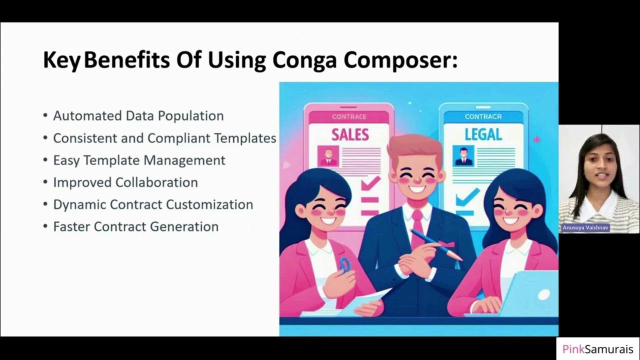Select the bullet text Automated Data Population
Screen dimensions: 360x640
click(x=138, y=116)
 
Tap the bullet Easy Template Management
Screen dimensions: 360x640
click(x=139, y=160)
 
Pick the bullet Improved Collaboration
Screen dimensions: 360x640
click(x=125, y=182)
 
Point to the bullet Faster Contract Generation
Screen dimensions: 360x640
click(x=135, y=226)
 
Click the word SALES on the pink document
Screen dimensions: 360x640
click(x=350, y=134)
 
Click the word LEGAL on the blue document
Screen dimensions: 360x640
click(x=483, y=134)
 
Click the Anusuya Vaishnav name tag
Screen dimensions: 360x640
click(x=585, y=227)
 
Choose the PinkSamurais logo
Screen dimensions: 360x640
click(x=597, y=349)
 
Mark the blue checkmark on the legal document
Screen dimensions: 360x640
click(x=467, y=197)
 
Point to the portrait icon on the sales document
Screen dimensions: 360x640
click(x=328, y=156)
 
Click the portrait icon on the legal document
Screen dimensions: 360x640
click(x=463, y=155)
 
